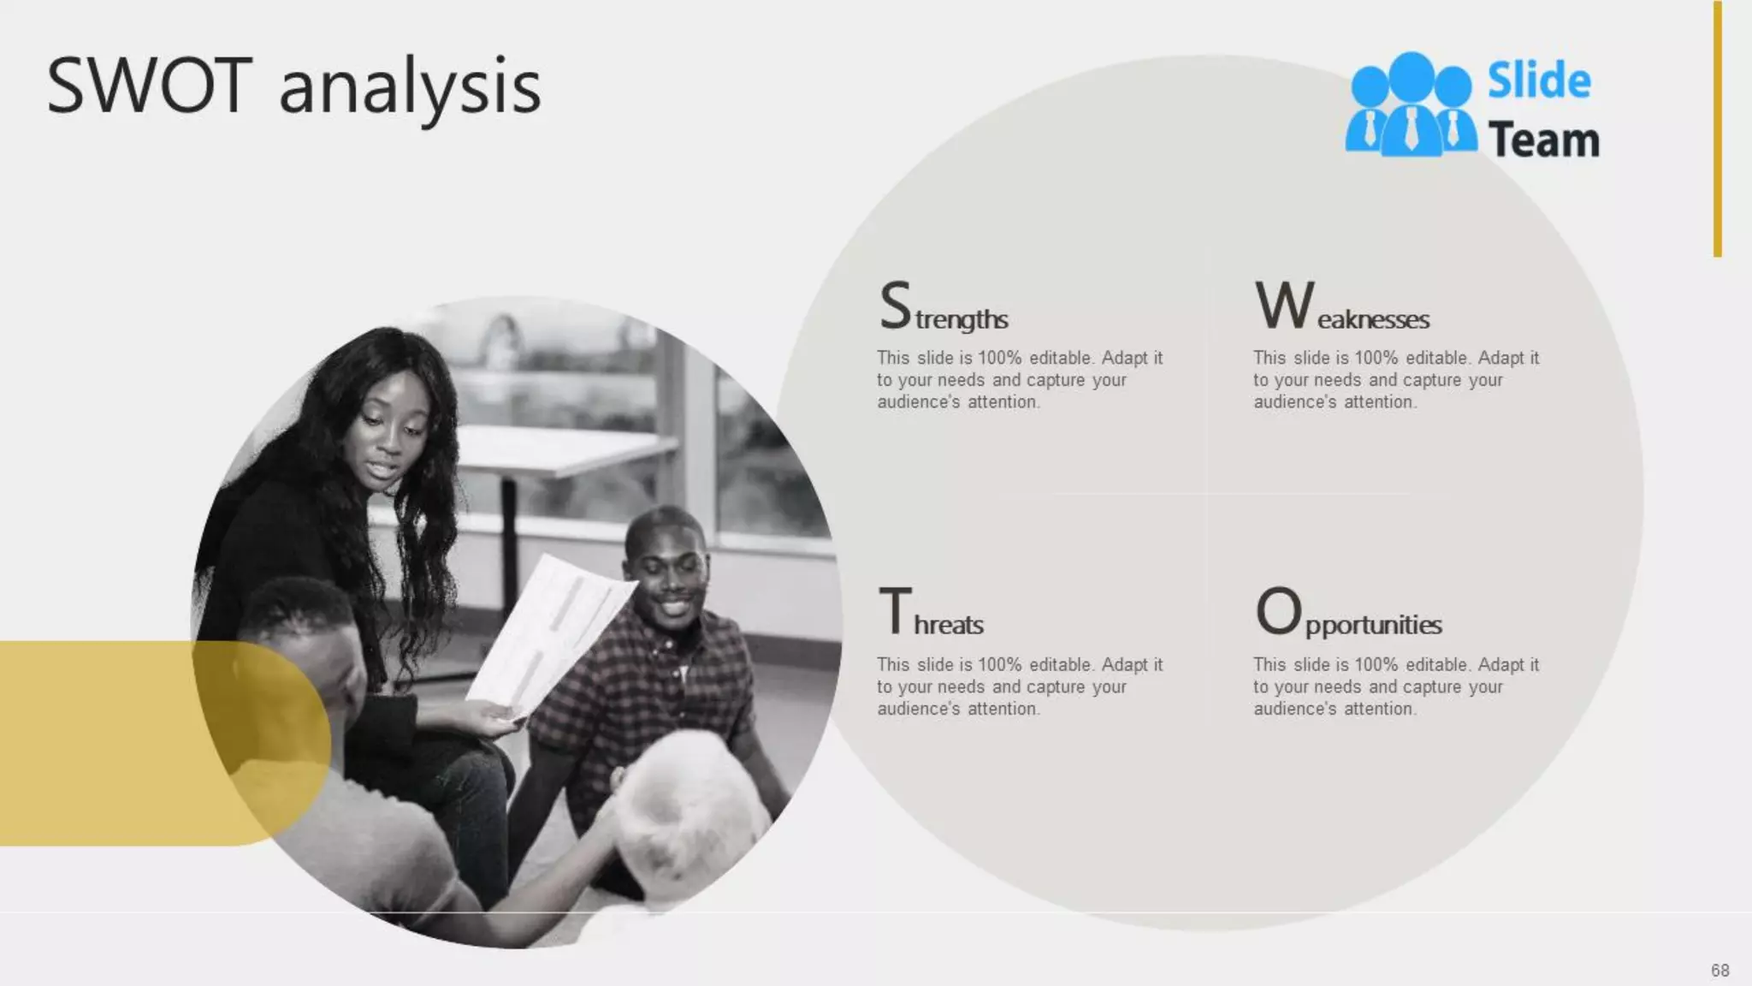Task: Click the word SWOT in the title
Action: point(150,86)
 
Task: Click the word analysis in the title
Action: point(411,89)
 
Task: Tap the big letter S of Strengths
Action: point(896,306)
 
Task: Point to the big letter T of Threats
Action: point(896,611)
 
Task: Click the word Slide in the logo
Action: point(1539,81)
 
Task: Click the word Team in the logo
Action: point(1543,140)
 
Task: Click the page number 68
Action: point(1719,970)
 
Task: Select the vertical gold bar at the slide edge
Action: point(1717,128)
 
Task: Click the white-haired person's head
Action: point(684,813)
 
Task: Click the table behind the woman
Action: point(565,449)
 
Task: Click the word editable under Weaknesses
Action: point(1437,358)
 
